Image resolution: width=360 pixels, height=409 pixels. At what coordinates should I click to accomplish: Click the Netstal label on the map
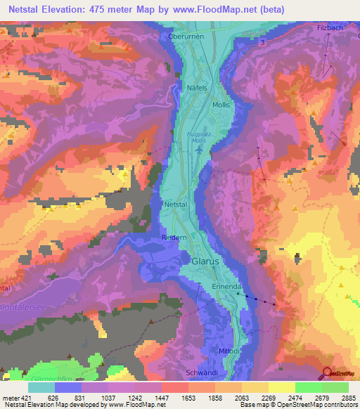click(x=176, y=204)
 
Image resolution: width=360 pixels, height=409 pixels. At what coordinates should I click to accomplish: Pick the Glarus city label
click(x=205, y=261)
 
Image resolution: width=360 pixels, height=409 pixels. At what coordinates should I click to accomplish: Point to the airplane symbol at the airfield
click(x=200, y=150)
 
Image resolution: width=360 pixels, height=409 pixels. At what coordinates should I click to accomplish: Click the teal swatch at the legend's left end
click(x=41, y=387)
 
